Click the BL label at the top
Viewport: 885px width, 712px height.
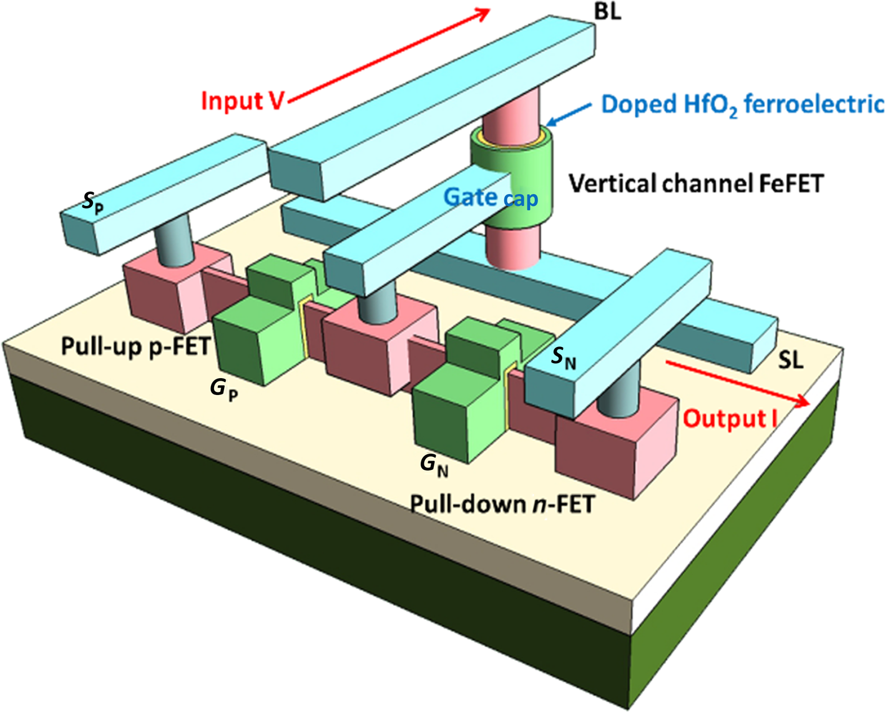[607, 11]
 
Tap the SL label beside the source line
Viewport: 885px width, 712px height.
[790, 361]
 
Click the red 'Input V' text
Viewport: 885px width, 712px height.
[242, 101]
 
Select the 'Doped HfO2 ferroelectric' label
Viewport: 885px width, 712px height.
[741, 104]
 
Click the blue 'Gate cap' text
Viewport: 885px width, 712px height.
[491, 198]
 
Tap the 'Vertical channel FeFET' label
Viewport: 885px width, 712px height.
[696, 183]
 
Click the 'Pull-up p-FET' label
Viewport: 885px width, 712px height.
[135, 345]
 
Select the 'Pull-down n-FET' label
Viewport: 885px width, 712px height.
[502, 503]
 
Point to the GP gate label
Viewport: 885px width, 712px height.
[223, 389]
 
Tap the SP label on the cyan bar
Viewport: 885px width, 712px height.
[93, 203]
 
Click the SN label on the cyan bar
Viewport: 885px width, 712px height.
[563, 358]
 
